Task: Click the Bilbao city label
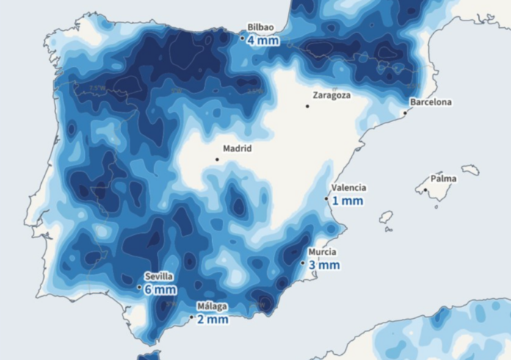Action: click(x=261, y=27)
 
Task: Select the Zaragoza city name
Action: click(x=331, y=95)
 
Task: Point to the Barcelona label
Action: click(x=431, y=102)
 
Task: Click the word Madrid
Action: click(x=237, y=148)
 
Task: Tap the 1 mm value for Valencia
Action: click(x=347, y=201)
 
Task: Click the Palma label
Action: click(x=443, y=179)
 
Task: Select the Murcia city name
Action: click(x=322, y=252)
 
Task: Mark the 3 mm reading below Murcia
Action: click(x=324, y=264)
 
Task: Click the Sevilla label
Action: click(x=159, y=276)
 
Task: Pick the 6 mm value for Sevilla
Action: click(x=160, y=289)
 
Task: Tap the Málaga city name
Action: click(x=212, y=306)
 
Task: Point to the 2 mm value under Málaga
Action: click(x=213, y=320)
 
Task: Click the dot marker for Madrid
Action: click(x=217, y=159)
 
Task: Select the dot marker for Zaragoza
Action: click(x=307, y=106)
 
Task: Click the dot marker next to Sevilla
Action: click(x=139, y=287)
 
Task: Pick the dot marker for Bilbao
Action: click(x=243, y=37)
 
